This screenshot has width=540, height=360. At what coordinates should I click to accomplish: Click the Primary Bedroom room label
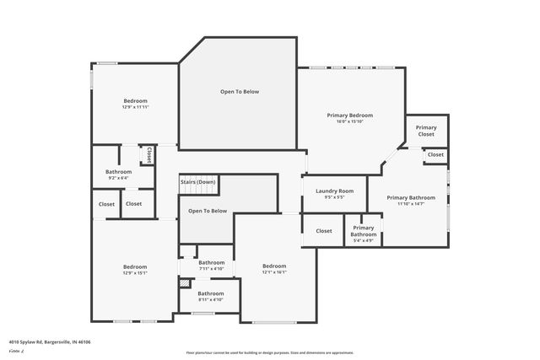coord(349,115)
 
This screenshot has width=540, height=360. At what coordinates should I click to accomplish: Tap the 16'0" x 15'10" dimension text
coord(349,121)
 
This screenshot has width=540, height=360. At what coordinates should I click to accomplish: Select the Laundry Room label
coord(334,191)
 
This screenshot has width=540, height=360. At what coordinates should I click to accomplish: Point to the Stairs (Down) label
coord(197,182)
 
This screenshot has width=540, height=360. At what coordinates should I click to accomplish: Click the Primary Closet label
coord(426,131)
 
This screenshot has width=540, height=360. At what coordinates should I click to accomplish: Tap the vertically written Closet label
coord(149,155)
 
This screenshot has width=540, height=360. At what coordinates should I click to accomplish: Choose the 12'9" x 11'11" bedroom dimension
coord(135,107)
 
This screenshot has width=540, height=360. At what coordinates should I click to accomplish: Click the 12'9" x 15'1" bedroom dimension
coord(135,273)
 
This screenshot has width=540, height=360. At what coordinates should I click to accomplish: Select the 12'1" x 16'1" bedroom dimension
coord(274,272)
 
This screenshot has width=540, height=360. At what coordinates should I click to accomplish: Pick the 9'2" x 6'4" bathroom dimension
coord(118,178)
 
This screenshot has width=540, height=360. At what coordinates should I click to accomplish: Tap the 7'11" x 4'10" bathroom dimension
coord(211,269)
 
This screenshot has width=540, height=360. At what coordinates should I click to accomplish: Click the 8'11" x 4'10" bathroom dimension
coord(211,299)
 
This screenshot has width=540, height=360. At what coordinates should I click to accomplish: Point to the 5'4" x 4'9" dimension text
coord(363,241)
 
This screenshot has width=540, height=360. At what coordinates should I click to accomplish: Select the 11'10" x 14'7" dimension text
coord(411,204)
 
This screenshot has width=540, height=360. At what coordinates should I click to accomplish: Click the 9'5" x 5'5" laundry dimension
coord(334,198)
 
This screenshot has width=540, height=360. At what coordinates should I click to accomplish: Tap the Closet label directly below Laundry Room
coord(324,230)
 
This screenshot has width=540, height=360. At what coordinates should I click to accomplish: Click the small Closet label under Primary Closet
coord(435,155)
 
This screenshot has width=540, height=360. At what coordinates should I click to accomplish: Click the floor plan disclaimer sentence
coord(270,352)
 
